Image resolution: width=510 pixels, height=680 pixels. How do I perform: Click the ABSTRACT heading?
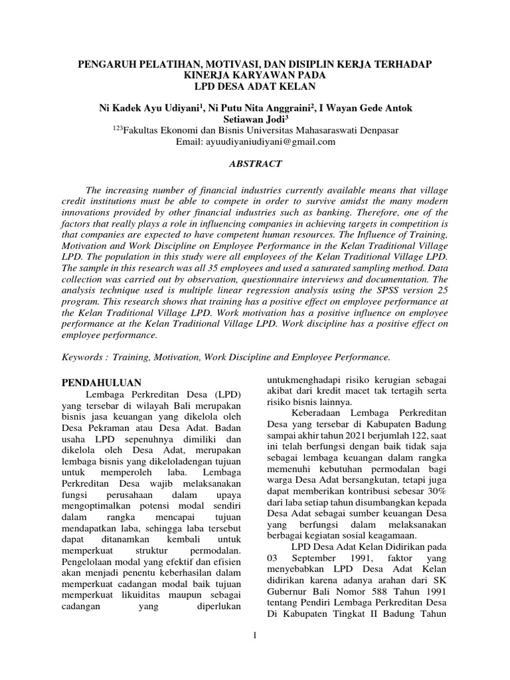tap(255, 163)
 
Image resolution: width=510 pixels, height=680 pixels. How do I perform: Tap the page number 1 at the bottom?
tap(255, 636)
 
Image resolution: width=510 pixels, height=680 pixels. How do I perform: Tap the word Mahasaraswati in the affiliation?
tap(319, 130)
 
